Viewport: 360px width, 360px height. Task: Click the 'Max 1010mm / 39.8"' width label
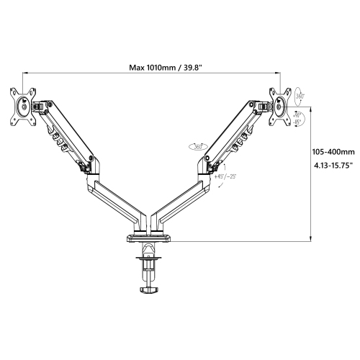click(165, 68)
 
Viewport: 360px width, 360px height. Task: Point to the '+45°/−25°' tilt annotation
click(225, 174)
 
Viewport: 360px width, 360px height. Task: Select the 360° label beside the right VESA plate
click(299, 95)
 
